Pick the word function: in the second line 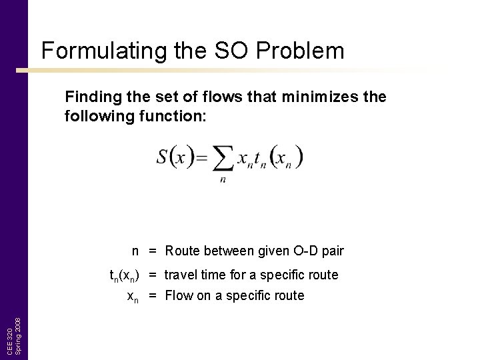(173, 116)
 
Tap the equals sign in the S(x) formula (201, 158)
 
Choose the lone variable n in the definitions (135, 251)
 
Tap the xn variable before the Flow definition (133, 296)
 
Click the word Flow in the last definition (178, 295)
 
